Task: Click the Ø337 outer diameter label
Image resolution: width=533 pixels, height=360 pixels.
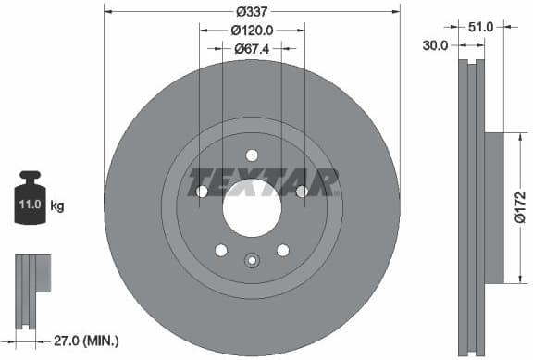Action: click(x=252, y=12)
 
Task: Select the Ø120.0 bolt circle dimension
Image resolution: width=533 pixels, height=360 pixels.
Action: click(x=252, y=31)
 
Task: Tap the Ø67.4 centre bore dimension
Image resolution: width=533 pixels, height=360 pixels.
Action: click(x=252, y=48)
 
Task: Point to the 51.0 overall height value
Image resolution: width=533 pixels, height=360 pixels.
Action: click(x=480, y=27)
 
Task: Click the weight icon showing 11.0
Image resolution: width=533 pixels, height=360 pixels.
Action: click(x=30, y=198)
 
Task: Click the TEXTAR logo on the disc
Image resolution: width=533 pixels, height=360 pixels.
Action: click(x=264, y=181)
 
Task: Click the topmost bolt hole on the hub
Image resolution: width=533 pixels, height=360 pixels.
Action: click(x=252, y=155)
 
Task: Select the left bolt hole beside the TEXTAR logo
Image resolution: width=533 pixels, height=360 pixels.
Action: click(x=203, y=192)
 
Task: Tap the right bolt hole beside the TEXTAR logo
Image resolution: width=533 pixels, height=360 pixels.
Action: click(x=301, y=192)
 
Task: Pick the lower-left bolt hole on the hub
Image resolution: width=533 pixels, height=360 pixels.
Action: click(x=221, y=249)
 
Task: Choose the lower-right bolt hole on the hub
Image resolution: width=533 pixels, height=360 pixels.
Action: click(x=282, y=249)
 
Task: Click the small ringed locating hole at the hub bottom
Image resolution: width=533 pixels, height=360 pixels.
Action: click(x=252, y=261)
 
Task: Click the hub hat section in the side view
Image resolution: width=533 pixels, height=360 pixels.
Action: click(x=492, y=208)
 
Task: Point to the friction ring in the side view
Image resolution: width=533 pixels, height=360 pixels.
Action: click(x=471, y=208)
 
